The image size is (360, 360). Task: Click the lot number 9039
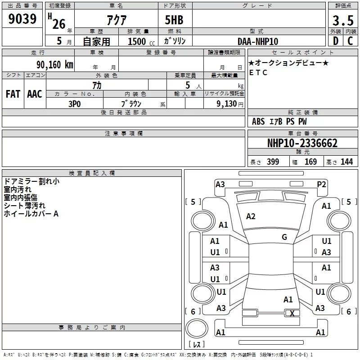tap(22, 19)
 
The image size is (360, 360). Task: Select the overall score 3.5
tap(342, 20)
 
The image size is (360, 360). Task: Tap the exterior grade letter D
tap(335, 41)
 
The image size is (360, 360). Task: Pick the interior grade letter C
tap(350, 41)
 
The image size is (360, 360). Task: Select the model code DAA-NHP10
tap(258, 41)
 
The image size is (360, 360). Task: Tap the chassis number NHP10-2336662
tap(302, 143)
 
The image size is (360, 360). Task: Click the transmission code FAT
tap(13, 94)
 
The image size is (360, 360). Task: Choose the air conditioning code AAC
tap(34, 94)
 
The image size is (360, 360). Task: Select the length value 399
tap(273, 162)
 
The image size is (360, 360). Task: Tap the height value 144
tap(346, 162)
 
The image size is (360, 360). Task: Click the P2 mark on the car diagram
tap(321, 184)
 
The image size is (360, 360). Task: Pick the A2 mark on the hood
tap(251, 216)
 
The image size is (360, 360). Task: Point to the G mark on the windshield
tap(284, 237)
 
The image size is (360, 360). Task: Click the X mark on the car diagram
tap(292, 314)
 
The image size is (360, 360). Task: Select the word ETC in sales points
tap(258, 72)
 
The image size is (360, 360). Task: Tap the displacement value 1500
tap(137, 41)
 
